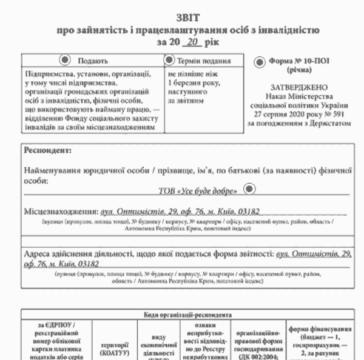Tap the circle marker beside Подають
66,60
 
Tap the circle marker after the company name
248,188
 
